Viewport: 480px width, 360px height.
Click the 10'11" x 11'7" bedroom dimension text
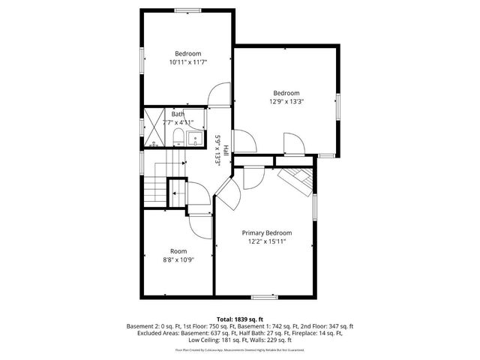coord(187,63)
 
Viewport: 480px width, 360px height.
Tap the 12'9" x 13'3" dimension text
coord(286,102)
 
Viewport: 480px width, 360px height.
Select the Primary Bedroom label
coord(266,232)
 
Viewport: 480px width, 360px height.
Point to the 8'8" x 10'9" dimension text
coord(178,260)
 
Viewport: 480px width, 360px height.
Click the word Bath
coord(177,114)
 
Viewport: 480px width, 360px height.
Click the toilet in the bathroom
coord(178,136)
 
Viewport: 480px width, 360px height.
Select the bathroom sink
coord(196,137)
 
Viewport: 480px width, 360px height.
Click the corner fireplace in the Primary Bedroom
coord(296,179)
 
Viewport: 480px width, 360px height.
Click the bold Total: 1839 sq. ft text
coord(239,319)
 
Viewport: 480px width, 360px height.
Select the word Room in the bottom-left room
coord(178,251)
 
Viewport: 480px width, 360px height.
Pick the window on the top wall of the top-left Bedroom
coord(187,10)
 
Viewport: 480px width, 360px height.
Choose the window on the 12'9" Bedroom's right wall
coord(337,105)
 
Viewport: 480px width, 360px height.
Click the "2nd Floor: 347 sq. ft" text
coord(325,326)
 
